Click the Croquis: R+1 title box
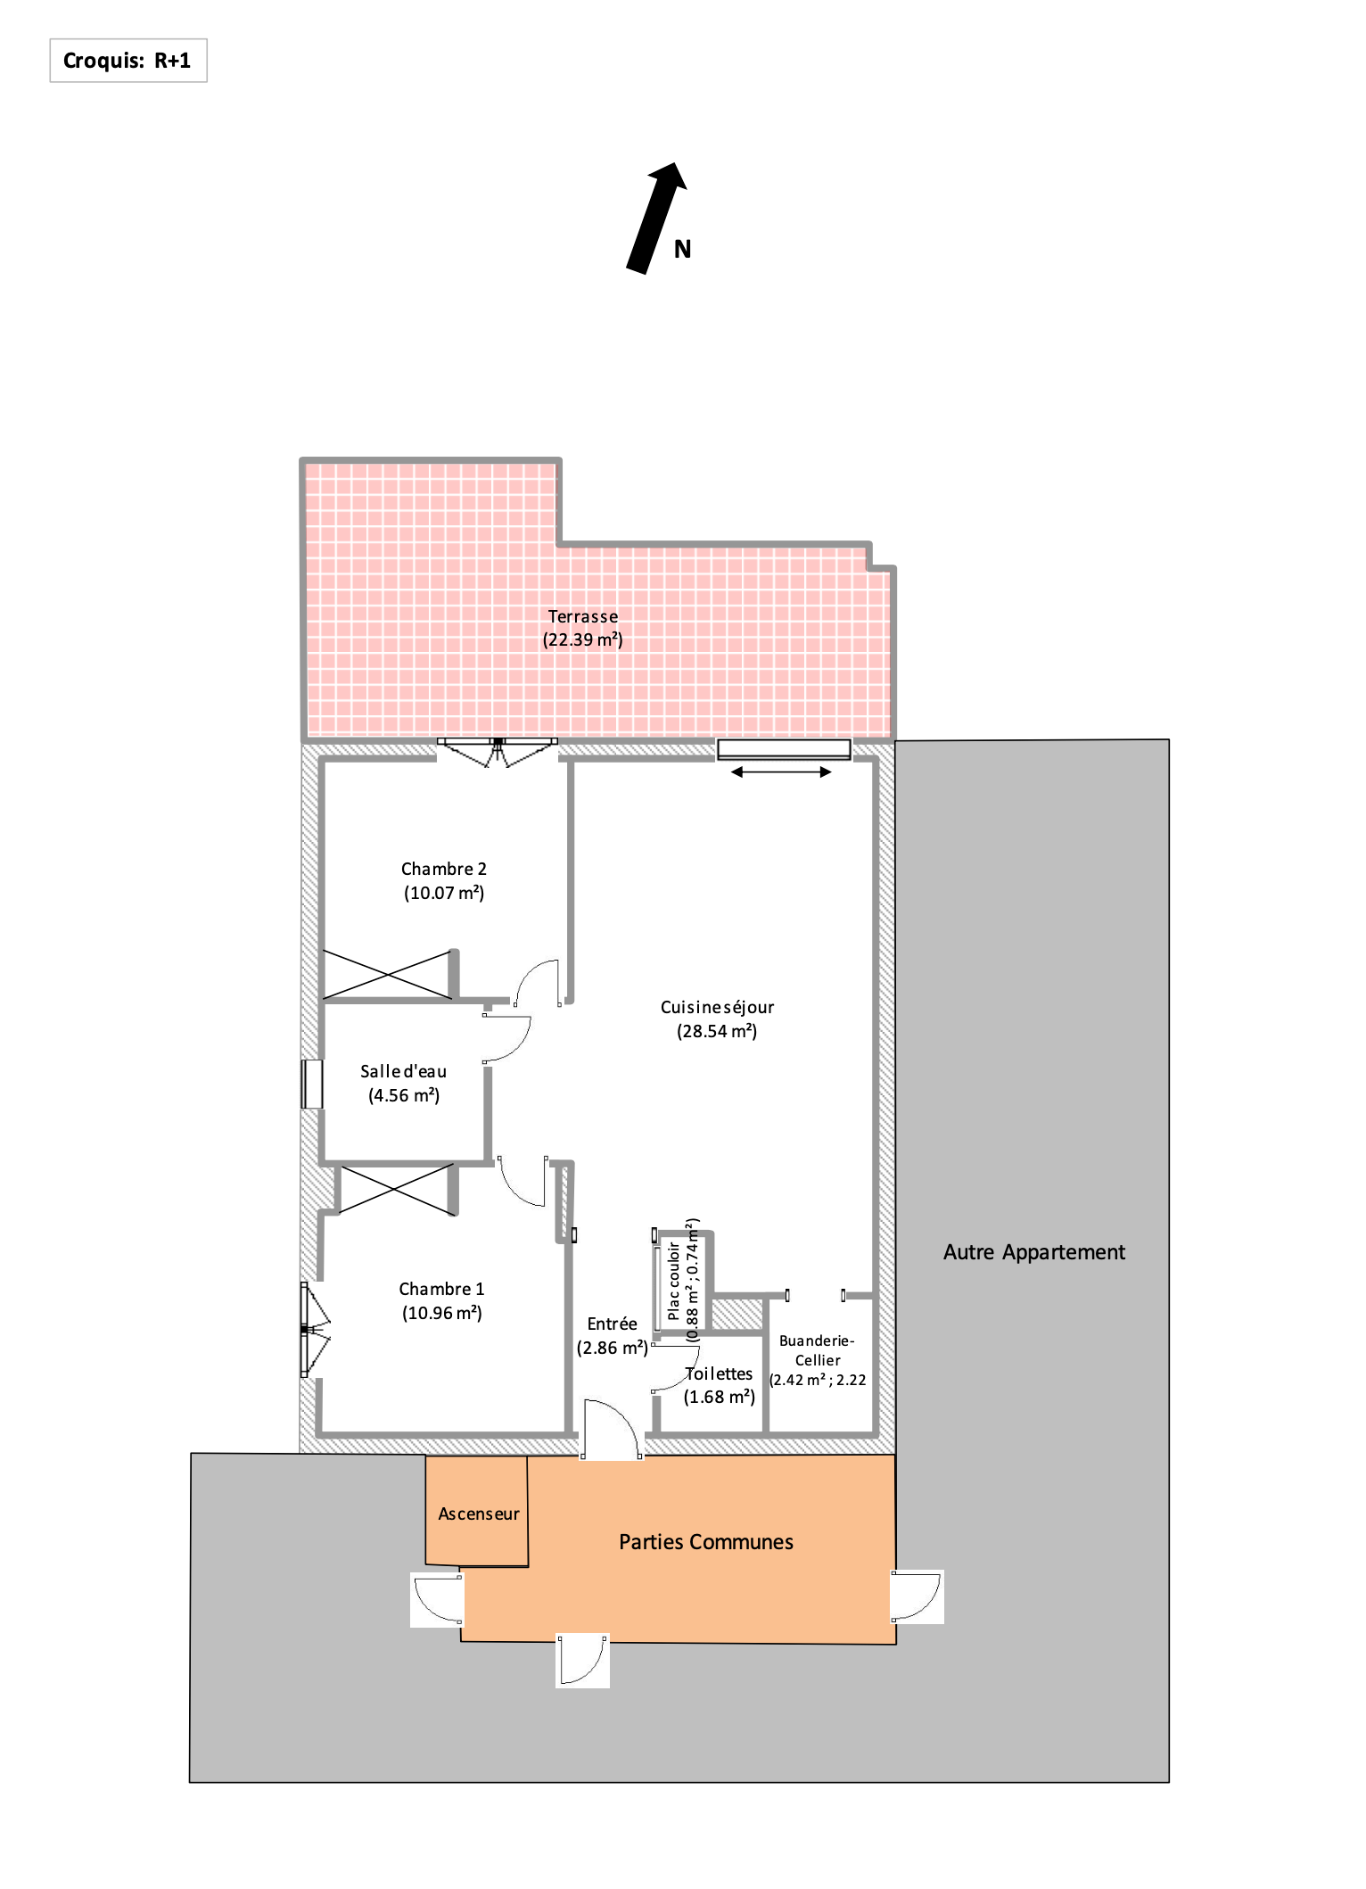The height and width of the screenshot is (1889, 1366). point(128,61)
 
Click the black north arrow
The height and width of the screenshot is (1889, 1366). point(657,218)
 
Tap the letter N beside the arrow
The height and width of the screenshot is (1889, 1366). point(682,250)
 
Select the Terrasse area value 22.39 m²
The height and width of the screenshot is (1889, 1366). point(583,640)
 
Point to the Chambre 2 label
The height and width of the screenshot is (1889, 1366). point(444,869)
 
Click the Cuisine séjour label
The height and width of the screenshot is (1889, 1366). point(717,1007)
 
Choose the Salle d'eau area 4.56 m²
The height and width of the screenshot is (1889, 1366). point(404,1095)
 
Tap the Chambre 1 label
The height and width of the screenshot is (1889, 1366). point(441,1289)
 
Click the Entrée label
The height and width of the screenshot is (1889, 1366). point(612,1324)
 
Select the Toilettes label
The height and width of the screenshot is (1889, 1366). point(719,1373)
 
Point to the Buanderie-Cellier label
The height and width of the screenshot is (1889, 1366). point(818,1350)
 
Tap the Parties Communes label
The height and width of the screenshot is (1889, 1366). point(706,1542)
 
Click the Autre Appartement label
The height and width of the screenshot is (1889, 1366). point(1034,1252)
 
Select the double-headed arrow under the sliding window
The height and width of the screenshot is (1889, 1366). point(781,772)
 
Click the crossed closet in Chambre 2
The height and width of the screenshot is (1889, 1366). point(387,974)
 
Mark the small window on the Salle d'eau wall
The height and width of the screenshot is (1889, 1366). point(311,1084)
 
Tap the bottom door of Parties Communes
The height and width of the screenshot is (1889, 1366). point(583,1660)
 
